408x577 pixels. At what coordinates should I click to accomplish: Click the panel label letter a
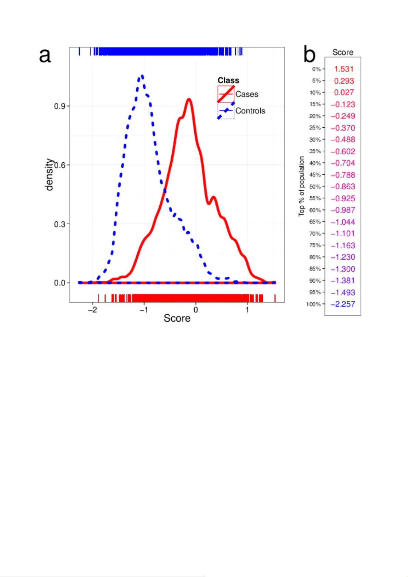45,55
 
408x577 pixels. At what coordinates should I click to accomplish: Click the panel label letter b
309,55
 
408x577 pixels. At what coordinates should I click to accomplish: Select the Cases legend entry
247,94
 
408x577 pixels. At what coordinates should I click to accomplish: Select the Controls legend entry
250,111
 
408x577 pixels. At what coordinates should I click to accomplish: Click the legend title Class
228,80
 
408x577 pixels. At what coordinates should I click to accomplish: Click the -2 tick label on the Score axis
92,310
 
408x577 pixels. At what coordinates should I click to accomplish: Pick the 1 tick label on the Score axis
247,310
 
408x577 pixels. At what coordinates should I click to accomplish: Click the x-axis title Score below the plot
177,318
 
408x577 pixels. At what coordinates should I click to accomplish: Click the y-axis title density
49,174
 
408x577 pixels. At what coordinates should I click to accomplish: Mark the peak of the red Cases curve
189,99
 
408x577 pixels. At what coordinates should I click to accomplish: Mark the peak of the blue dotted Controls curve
142,76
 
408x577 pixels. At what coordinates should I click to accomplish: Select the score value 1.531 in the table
344,69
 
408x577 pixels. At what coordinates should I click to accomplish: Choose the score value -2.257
343,304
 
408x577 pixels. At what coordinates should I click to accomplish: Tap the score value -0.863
343,187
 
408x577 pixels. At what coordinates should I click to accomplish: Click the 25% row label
315,128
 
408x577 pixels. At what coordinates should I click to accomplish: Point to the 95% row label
315,292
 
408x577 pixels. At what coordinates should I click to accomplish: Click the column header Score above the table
343,52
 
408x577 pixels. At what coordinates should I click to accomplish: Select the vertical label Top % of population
301,186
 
